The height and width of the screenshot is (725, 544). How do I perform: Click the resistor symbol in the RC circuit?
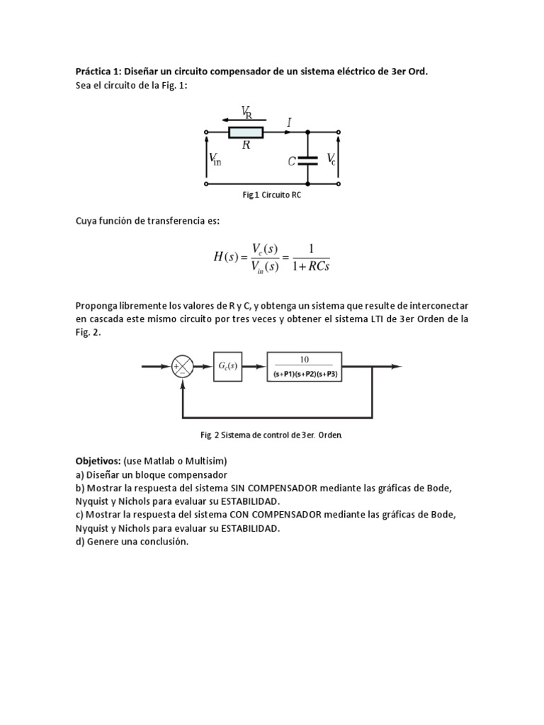click(245, 132)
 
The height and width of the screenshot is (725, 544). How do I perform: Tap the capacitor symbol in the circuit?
click(307, 161)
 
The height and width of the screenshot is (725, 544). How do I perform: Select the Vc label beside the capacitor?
click(331, 160)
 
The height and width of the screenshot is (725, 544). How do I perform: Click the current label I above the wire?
click(289, 122)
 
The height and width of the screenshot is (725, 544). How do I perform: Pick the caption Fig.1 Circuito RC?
click(271, 195)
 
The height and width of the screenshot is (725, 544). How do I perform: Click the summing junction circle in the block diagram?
click(183, 367)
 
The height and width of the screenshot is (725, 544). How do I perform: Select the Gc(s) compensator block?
click(228, 366)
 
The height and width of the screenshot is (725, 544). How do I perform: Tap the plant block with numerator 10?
click(305, 366)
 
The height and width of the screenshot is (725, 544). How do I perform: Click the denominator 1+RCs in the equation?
click(310, 266)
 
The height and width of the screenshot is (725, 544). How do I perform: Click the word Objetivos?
click(97, 461)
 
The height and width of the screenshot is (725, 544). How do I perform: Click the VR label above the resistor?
click(246, 111)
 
